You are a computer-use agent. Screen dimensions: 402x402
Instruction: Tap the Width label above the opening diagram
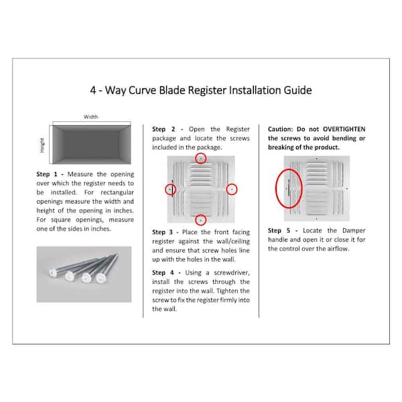[90, 117]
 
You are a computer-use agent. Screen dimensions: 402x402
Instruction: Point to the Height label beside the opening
[42, 145]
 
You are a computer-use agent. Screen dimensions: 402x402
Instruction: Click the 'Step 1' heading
[47, 174]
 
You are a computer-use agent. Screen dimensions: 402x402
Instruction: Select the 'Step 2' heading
[163, 129]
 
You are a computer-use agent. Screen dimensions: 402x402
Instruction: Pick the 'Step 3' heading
[163, 232]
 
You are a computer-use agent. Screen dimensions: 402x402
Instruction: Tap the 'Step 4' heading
[163, 273]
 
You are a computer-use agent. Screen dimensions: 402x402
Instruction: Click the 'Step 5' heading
[279, 230]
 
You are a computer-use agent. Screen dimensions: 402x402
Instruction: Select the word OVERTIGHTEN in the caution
[344, 129]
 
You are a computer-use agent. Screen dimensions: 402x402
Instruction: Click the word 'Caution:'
[280, 129]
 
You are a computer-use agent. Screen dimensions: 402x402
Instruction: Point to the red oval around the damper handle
[276, 188]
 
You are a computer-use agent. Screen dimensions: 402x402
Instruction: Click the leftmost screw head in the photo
[53, 272]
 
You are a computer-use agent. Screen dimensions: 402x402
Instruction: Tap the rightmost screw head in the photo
[100, 278]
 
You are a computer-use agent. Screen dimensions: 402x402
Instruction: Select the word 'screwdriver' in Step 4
[231, 273]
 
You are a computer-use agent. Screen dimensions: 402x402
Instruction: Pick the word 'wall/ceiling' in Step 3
[233, 241]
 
